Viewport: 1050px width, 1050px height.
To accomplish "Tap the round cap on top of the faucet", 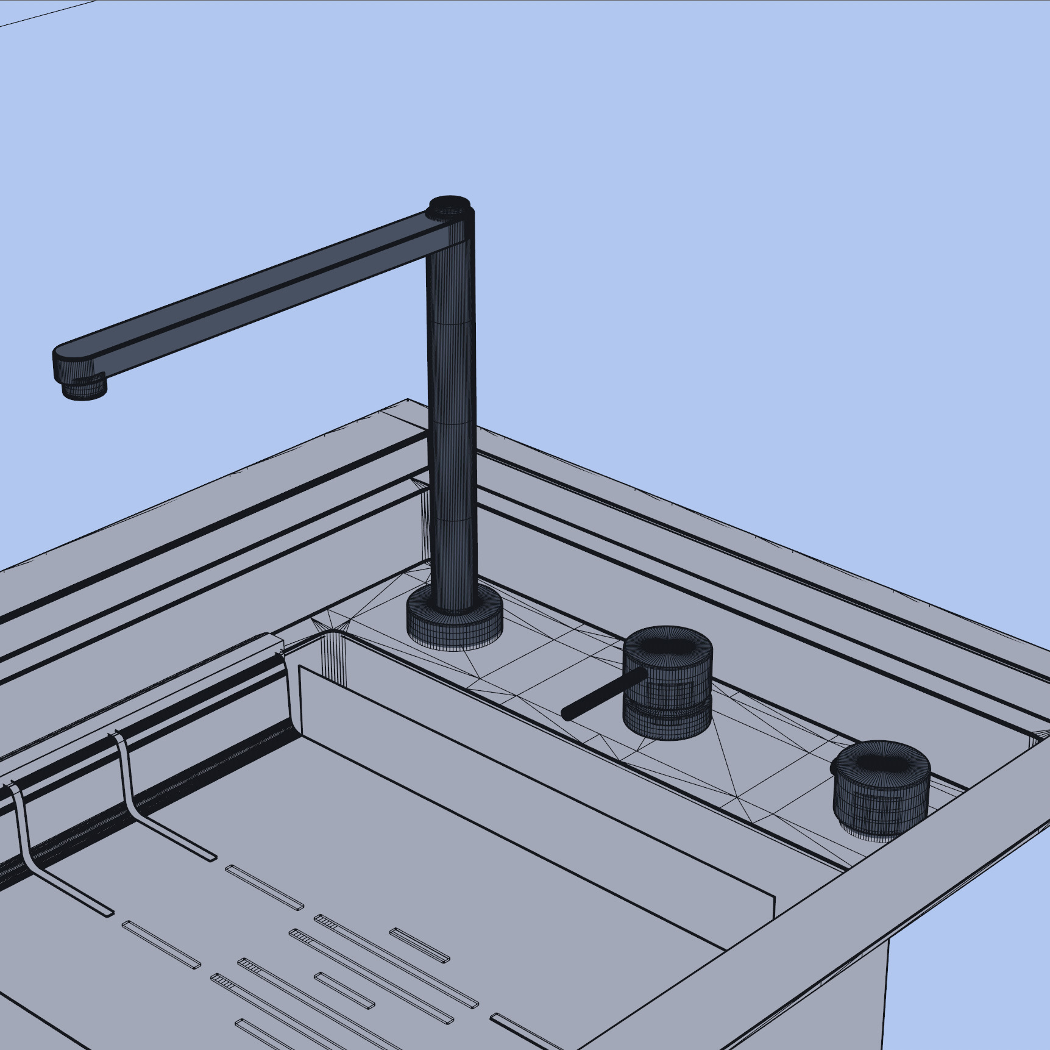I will pos(450,205).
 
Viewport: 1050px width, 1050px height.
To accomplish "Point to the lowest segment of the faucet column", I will pos(452,564).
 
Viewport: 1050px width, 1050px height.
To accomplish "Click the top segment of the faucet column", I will pos(451,280).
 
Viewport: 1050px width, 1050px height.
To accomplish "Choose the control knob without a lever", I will pos(881,790).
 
